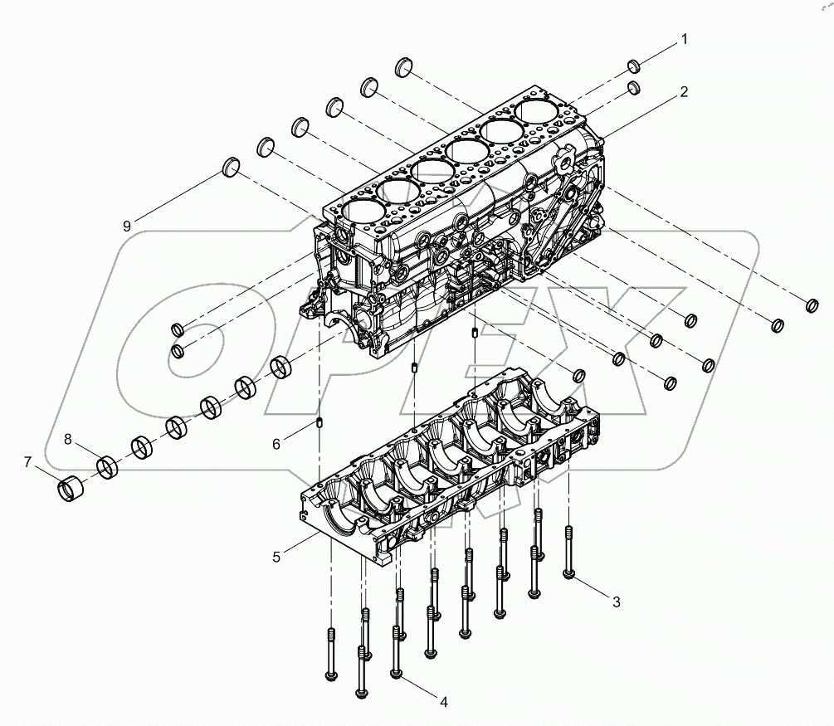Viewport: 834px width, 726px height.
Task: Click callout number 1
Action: pos(685,39)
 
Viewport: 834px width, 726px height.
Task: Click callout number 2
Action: pos(683,92)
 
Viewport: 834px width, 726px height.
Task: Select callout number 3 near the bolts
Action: pos(616,602)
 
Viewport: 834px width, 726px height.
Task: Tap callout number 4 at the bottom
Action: pos(444,702)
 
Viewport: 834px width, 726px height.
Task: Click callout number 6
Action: pos(276,445)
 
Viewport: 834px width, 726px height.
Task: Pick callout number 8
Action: pos(69,437)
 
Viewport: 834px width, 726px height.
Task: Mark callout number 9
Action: pos(127,225)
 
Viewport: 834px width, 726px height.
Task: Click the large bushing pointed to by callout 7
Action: pos(72,488)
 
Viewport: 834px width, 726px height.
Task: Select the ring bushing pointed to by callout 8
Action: pos(109,466)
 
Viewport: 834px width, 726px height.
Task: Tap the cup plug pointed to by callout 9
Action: pos(232,168)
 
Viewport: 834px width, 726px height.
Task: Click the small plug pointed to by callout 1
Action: pos(632,66)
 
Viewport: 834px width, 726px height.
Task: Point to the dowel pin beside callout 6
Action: pos(319,426)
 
